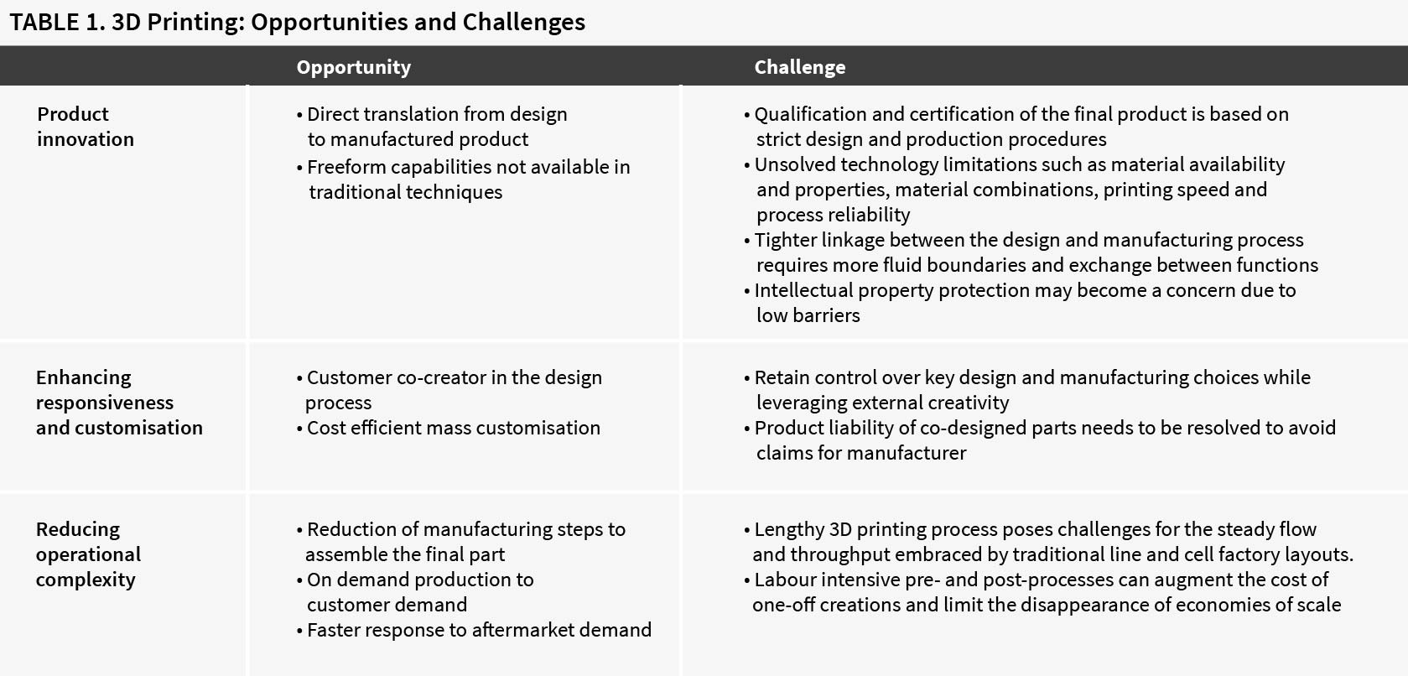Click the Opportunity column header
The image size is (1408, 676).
coord(353,67)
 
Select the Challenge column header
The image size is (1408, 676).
coord(799,67)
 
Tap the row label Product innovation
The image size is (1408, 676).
coord(86,127)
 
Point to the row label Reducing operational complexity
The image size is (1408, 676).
coord(88,554)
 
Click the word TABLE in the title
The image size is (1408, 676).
coord(44,22)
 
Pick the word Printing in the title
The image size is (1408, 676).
coord(195,23)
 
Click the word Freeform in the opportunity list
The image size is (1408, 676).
coord(346,167)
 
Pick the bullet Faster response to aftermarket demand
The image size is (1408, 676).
coord(474,630)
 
